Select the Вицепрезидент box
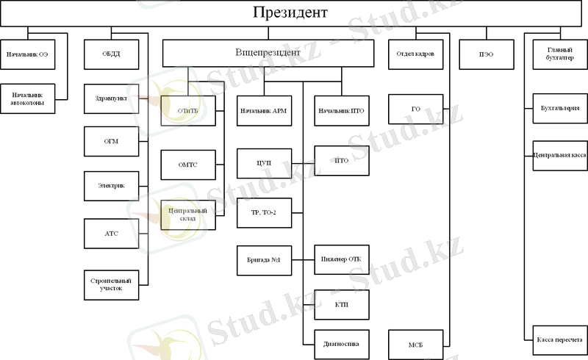click(268, 54)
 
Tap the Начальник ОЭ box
click(28, 54)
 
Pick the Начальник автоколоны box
click(28, 99)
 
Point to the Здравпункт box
click(112, 98)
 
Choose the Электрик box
click(112, 186)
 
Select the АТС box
click(112, 233)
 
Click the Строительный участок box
click(112, 284)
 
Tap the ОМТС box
click(188, 165)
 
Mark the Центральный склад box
click(188, 215)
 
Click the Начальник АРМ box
click(264, 110)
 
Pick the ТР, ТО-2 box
click(264, 212)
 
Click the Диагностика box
click(342, 343)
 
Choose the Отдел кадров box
click(416, 54)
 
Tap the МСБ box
click(416, 344)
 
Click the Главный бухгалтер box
click(556, 54)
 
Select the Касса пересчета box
click(556, 339)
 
